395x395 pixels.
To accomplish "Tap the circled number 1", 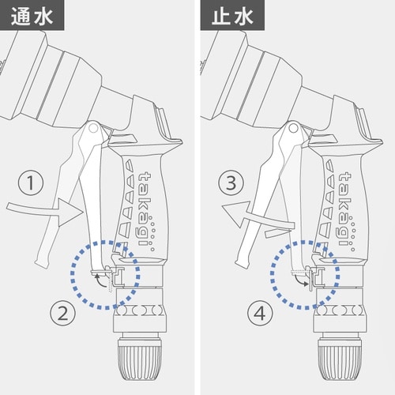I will coord(30,184).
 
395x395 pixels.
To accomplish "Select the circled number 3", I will coord(230,184).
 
